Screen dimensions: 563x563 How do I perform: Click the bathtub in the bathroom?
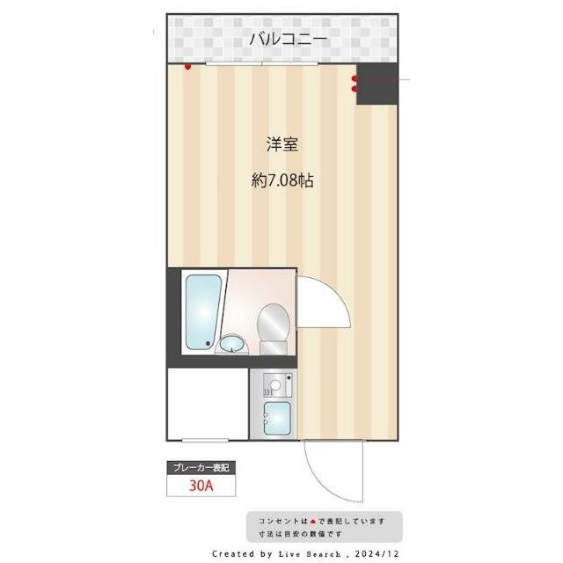[x=202, y=311]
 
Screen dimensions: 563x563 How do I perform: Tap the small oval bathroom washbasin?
[x=232, y=344]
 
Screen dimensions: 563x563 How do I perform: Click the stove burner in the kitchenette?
[x=276, y=384]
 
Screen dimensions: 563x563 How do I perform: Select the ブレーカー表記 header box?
[x=201, y=467]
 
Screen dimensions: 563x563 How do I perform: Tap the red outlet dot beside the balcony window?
[x=187, y=65]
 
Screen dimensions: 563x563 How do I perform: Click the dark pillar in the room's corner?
[x=376, y=84]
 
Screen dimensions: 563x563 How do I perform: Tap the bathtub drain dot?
[x=208, y=343]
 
